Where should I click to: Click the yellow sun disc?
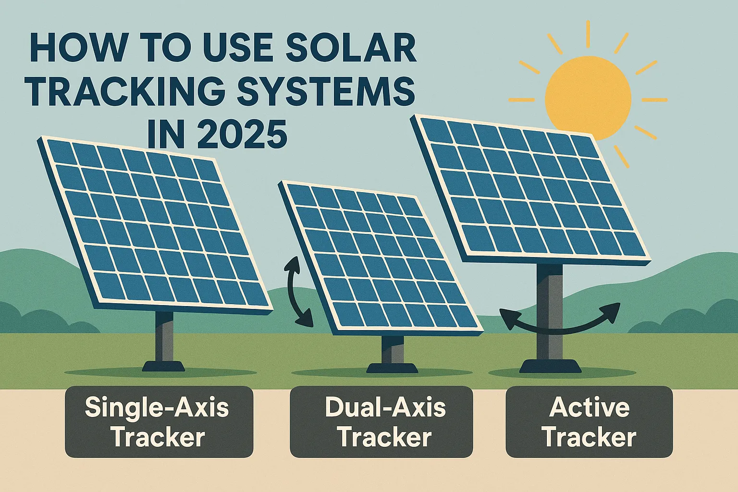click(x=588, y=92)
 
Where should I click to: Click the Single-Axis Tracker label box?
click(x=159, y=422)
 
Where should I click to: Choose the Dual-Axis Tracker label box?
click(x=381, y=422)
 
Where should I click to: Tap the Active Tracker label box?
click(x=589, y=422)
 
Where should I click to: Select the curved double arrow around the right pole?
click(x=560, y=323)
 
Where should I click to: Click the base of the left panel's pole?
click(x=164, y=366)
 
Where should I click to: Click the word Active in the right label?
click(x=589, y=407)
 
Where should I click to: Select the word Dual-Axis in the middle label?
click(x=385, y=407)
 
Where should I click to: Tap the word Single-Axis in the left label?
click(x=157, y=407)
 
